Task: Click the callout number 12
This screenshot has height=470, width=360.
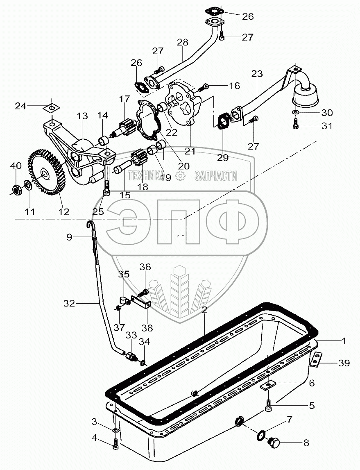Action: [63, 212]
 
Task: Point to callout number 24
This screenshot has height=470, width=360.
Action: [20, 106]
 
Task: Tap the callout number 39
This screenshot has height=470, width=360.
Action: [344, 363]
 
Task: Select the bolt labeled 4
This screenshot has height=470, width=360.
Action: [115, 443]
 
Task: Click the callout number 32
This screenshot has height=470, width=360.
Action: [69, 303]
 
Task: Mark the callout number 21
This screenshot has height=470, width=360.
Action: [190, 151]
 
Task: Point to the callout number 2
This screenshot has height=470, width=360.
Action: [204, 310]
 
